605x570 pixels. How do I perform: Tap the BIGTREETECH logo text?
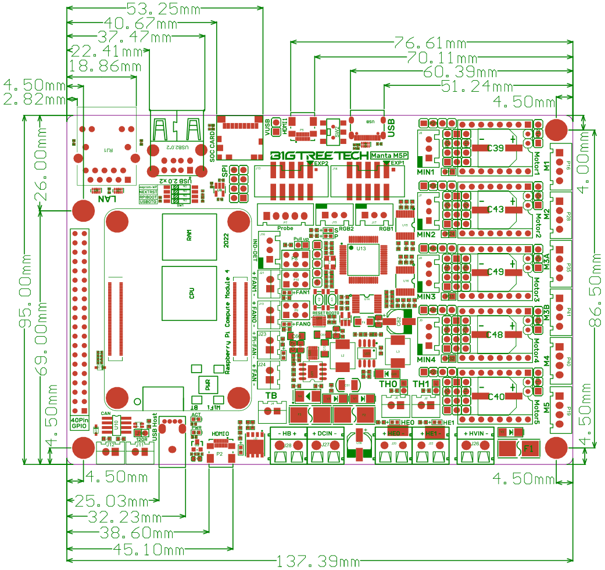pyautogui.click(x=319, y=156)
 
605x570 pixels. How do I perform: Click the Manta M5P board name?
pyautogui.click(x=389, y=155)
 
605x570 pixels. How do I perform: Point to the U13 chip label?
pyautogui.click(x=361, y=248)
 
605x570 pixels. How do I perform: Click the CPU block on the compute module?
pyautogui.click(x=191, y=293)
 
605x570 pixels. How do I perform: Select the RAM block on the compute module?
pyautogui.click(x=189, y=236)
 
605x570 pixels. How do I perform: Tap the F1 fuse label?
pyautogui.click(x=528, y=448)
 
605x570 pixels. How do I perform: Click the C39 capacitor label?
pyautogui.click(x=496, y=148)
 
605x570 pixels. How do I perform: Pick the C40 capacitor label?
pyautogui.click(x=496, y=396)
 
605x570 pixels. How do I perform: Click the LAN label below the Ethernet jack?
pyautogui.click(x=108, y=199)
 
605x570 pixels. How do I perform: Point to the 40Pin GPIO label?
pyautogui.click(x=80, y=423)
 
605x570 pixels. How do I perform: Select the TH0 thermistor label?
pyautogui.click(x=388, y=384)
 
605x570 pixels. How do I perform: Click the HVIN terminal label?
pyautogui.click(x=475, y=434)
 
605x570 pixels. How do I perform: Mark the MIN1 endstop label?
pyautogui.click(x=426, y=172)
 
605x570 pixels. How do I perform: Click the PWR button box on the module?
pyautogui.click(x=207, y=384)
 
